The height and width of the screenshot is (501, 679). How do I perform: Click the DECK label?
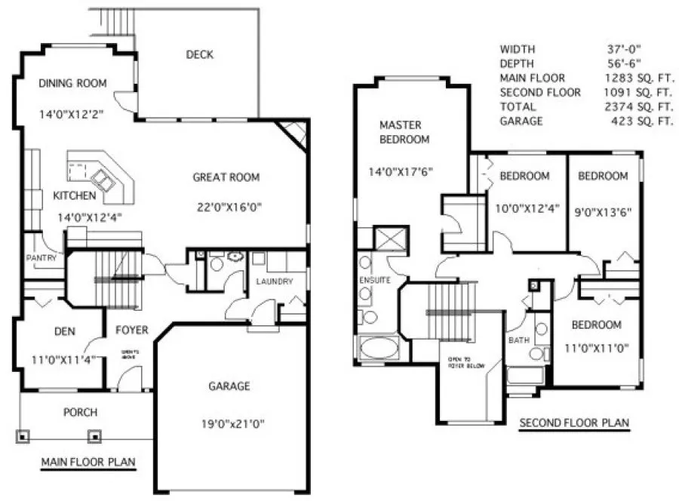pyautogui.click(x=199, y=54)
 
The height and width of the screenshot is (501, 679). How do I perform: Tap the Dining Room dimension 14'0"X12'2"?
pyautogui.click(x=72, y=115)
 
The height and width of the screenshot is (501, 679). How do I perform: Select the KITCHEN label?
pyautogui.click(x=74, y=196)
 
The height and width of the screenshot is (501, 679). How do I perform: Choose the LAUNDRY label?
pyautogui.click(x=273, y=281)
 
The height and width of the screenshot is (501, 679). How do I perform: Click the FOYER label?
pyautogui.click(x=131, y=330)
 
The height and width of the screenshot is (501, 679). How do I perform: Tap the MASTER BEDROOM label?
pyautogui.click(x=404, y=132)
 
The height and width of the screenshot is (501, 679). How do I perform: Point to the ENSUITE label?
pyautogui.click(x=374, y=280)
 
